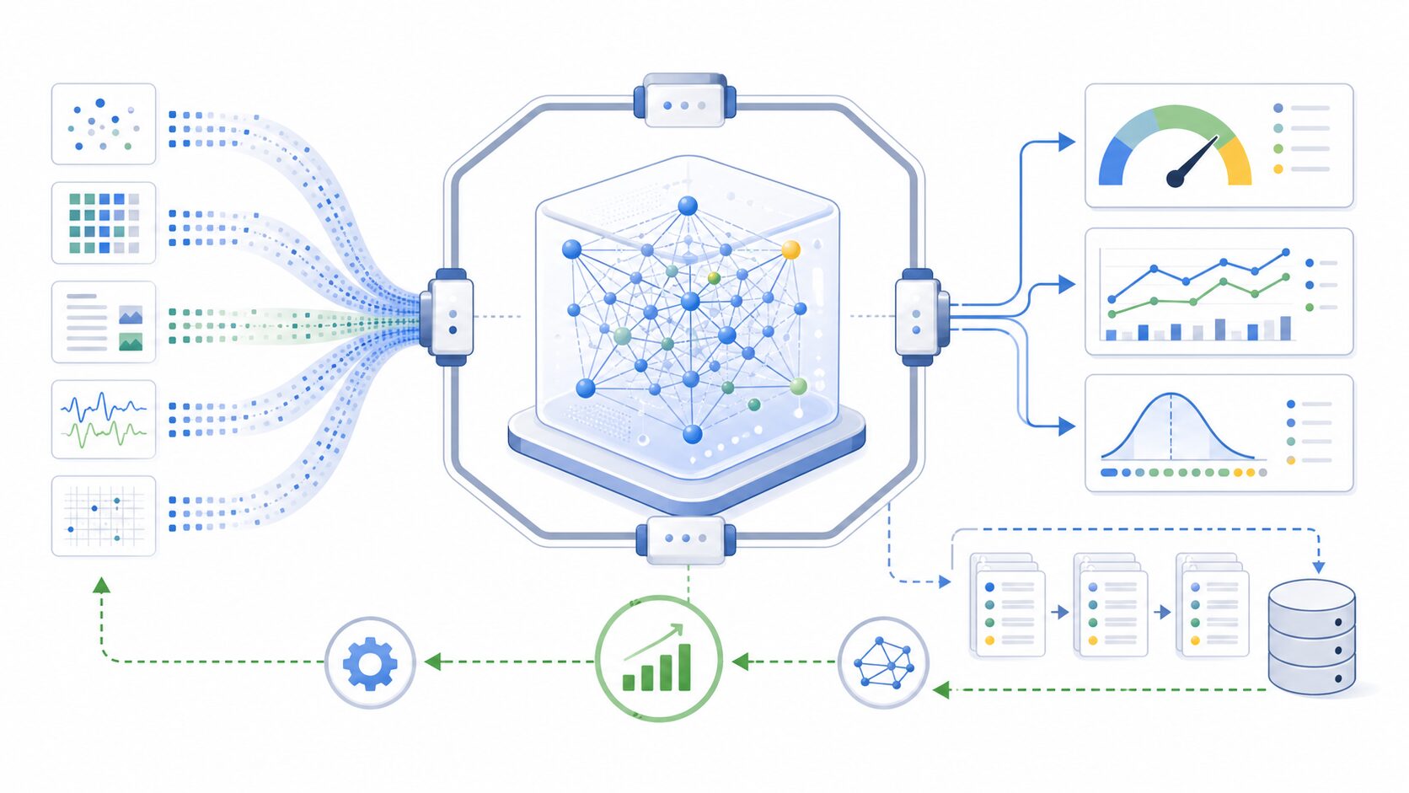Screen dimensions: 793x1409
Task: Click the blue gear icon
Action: pos(370,663)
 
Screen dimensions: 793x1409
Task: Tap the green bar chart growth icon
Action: pos(658,659)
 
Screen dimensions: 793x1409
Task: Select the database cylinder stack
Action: pos(1311,637)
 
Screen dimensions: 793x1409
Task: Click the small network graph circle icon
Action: pos(883,662)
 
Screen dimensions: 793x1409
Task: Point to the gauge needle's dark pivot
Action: pos(1176,177)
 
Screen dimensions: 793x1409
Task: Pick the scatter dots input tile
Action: pos(104,124)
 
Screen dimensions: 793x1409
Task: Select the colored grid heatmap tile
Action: pos(104,222)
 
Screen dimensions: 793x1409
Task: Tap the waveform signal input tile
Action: pos(104,419)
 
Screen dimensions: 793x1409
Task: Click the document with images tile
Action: pos(104,322)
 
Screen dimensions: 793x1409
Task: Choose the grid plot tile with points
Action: pos(104,516)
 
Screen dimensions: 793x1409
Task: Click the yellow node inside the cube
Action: pos(790,249)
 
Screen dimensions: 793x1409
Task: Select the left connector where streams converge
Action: pos(450,317)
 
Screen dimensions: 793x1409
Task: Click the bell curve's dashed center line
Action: pos(1171,426)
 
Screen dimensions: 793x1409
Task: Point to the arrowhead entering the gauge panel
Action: pos(1067,142)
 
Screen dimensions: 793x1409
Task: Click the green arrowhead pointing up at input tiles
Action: pos(101,585)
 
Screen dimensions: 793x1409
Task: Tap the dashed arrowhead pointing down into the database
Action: pos(1318,567)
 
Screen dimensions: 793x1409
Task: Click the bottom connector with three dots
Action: pos(685,538)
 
